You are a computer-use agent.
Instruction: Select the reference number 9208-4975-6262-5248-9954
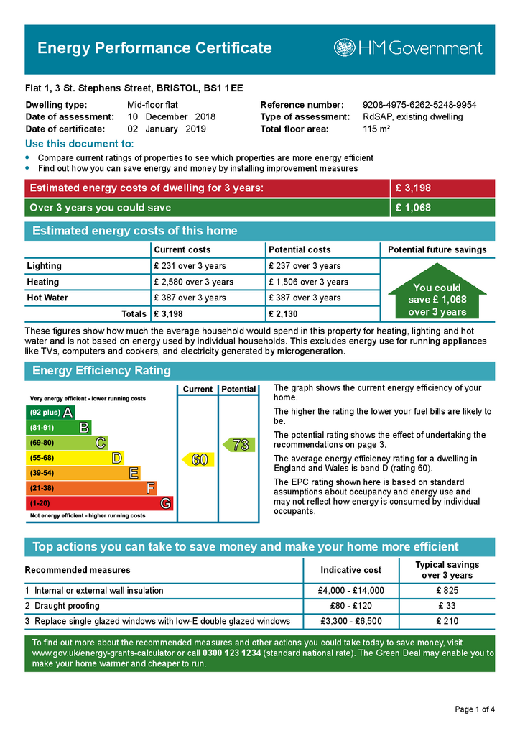419,105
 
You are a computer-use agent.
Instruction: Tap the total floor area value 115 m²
376,129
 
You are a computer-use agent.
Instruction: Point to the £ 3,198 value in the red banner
414,188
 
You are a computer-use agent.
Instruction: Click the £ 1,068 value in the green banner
414,208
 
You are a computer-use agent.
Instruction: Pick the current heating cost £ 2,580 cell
193,282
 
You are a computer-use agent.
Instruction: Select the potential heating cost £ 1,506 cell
307,282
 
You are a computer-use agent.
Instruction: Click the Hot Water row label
47,298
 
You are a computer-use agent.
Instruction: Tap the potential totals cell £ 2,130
284,313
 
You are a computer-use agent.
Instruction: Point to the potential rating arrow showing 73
238,445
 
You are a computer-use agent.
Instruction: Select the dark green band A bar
50,413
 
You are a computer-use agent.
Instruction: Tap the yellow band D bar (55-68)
75,458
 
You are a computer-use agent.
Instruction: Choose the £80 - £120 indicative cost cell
350,606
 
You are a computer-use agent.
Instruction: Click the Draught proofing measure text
67,606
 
